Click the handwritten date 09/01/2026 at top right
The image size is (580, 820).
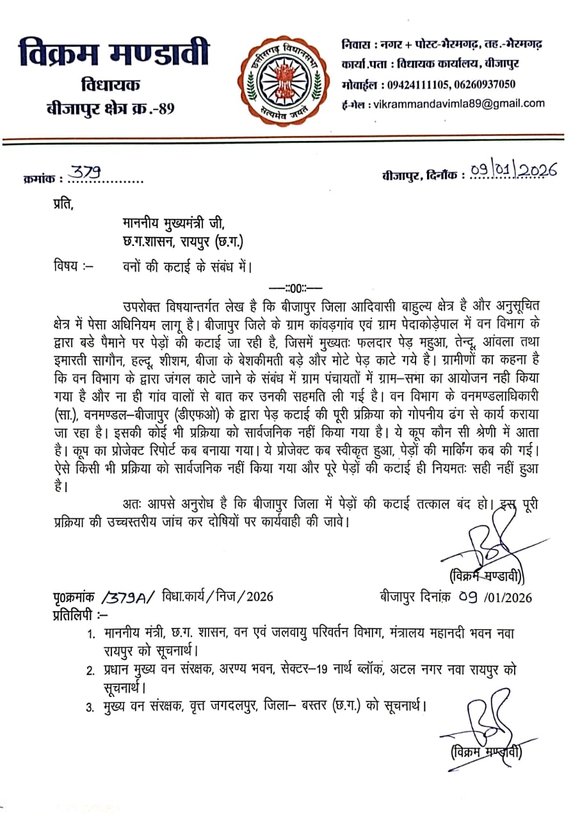click(x=513, y=170)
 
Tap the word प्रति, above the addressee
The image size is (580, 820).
click(x=63, y=206)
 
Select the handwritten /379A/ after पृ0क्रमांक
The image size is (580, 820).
click(x=128, y=596)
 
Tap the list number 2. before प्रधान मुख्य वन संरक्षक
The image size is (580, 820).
click(x=91, y=670)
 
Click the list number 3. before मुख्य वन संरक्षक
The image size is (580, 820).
click(x=91, y=707)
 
